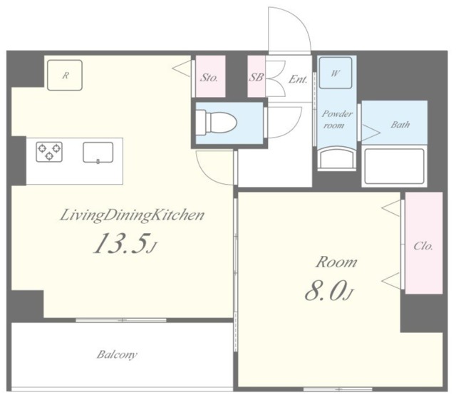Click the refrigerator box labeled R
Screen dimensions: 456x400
pyautogui.click(x=65, y=75)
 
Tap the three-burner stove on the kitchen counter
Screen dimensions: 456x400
pyautogui.click(x=49, y=152)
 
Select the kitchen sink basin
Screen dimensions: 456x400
pyautogui.click(x=98, y=153)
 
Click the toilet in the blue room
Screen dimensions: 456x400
pyautogui.click(x=216, y=123)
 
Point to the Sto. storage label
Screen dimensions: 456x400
pyautogui.click(x=209, y=78)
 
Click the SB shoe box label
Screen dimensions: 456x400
pyautogui.click(x=256, y=77)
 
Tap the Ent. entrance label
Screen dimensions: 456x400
pyautogui.click(x=298, y=79)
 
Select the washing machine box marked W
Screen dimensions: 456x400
pyautogui.click(x=336, y=73)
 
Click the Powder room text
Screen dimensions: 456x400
pyautogui.click(x=336, y=119)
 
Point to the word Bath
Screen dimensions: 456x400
pyautogui.click(x=400, y=125)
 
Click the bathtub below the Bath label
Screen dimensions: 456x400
pyautogui.click(x=394, y=166)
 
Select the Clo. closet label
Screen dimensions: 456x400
pyautogui.click(x=423, y=246)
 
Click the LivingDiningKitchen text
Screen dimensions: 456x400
pyautogui.click(x=132, y=216)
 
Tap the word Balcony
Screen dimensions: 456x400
pyautogui.click(x=117, y=354)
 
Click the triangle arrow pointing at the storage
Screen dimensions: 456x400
pyautogui.click(x=182, y=69)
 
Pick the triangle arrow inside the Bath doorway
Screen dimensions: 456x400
pyautogui.click(x=370, y=133)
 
